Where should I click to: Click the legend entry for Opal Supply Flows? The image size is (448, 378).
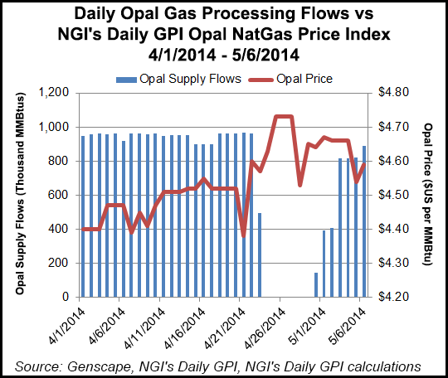[178, 79]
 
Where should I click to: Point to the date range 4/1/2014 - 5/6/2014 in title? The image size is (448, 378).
[223, 53]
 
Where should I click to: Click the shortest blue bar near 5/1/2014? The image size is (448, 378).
[316, 284]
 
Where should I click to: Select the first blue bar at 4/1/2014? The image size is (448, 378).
[82, 216]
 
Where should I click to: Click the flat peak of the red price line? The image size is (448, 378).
[284, 116]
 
